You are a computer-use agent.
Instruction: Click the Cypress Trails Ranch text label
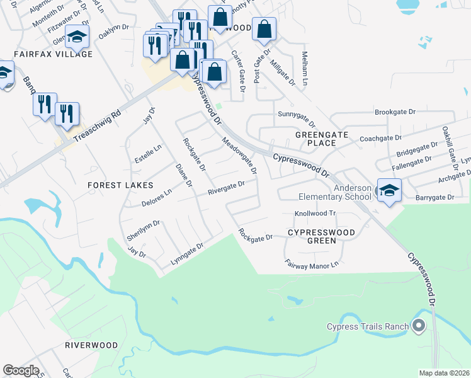click(x=367, y=326)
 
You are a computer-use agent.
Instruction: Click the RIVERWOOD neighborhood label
click(x=91, y=345)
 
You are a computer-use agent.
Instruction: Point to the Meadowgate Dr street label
click(x=240, y=153)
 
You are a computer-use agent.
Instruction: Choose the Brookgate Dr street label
click(x=395, y=112)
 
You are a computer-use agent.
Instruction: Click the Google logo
click(x=21, y=370)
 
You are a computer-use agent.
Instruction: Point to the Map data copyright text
click(x=445, y=373)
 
